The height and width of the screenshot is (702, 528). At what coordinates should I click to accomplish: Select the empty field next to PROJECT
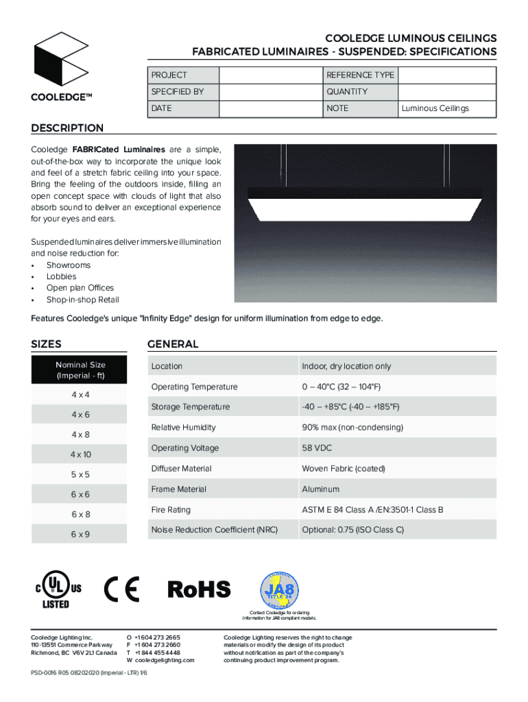(x=270, y=75)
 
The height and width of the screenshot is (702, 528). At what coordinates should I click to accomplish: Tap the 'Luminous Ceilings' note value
(x=435, y=108)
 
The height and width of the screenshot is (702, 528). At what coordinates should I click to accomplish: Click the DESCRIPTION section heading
(x=67, y=128)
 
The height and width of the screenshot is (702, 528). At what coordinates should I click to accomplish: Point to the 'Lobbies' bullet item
(x=61, y=276)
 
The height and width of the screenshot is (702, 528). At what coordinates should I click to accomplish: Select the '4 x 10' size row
(x=80, y=455)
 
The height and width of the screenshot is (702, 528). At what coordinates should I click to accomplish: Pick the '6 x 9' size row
(x=80, y=534)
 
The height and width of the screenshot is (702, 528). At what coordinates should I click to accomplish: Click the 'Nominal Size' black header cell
(x=80, y=370)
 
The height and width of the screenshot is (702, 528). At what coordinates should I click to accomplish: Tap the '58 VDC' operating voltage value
(x=317, y=448)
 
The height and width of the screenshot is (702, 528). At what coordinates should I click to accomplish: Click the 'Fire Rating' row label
(x=171, y=510)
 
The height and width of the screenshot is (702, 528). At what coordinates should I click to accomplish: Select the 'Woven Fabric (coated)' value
(x=344, y=469)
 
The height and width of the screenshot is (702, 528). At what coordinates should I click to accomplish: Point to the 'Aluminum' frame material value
(x=321, y=489)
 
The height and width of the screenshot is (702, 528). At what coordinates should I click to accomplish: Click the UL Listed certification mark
(x=56, y=590)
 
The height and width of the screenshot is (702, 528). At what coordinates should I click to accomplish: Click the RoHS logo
(x=200, y=589)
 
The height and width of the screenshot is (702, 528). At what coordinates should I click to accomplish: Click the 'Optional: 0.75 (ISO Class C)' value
(x=352, y=530)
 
